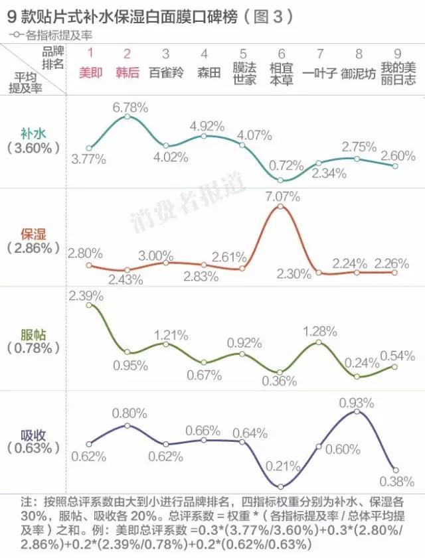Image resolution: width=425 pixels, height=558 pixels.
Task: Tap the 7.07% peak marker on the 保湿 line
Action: [x=281, y=206]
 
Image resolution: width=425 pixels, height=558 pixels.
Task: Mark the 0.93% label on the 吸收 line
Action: [x=357, y=402]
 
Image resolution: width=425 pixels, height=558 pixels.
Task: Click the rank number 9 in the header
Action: [x=397, y=53]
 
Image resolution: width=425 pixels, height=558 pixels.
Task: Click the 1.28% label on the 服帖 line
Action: [x=319, y=330]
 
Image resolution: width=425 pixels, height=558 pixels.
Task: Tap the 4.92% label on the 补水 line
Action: [x=205, y=125]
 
